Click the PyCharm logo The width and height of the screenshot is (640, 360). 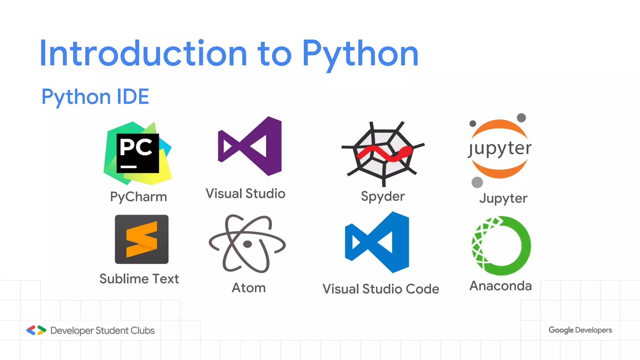pyautogui.click(x=137, y=153)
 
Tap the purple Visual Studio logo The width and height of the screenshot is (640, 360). pyautogui.click(x=250, y=146)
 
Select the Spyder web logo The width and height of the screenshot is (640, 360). pyautogui.click(x=383, y=153)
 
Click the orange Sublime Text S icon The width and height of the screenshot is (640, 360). pyautogui.click(x=142, y=239)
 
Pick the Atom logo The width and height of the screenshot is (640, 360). pyautogui.click(x=247, y=244)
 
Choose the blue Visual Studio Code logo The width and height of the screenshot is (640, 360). pyautogui.click(x=377, y=242)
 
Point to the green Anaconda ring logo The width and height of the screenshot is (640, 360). pyautogui.click(x=501, y=246)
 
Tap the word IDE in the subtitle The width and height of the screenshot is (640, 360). pyautogui.click(x=132, y=97)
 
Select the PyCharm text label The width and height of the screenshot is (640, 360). pyautogui.click(x=138, y=197)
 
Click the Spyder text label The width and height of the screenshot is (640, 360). pyautogui.click(x=383, y=197)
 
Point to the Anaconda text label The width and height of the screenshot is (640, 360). pyautogui.click(x=500, y=286)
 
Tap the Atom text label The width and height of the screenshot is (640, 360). pyautogui.click(x=249, y=288)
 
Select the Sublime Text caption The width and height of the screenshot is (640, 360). pyautogui.click(x=139, y=279)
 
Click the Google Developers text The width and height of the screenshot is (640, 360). pyautogui.click(x=580, y=330)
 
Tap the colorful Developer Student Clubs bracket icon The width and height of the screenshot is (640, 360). pyautogui.click(x=36, y=330)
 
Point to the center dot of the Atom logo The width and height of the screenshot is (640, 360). pyautogui.click(x=247, y=244)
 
